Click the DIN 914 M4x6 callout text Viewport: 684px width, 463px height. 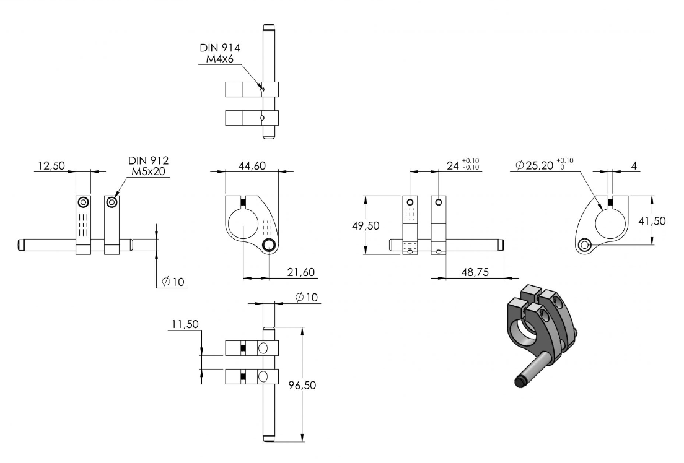(x=220, y=53)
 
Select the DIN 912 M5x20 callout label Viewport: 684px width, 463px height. (x=148, y=166)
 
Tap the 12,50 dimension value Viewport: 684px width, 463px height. (x=51, y=166)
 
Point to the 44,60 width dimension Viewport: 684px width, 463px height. (x=252, y=166)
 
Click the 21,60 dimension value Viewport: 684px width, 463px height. (x=301, y=272)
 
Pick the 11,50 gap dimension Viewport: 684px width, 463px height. (x=185, y=324)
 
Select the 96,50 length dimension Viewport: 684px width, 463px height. (x=302, y=386)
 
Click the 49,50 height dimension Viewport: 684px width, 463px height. (x=366, y=226)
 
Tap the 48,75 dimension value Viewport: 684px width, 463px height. (x=475, y=272)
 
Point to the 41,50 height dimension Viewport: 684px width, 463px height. (x=652, y=221)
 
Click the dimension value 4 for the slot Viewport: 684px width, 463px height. (x=634, y=166)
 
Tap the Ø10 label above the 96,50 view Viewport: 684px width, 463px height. (x=307, y=297)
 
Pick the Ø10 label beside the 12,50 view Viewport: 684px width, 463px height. (x=173, y=282)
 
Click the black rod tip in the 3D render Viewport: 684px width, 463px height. (x=519, y=383)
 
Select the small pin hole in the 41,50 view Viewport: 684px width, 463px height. (x=584, y=246)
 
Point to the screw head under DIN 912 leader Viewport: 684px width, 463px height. (x=113, y=202)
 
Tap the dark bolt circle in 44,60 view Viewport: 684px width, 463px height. (x=269, y=246)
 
